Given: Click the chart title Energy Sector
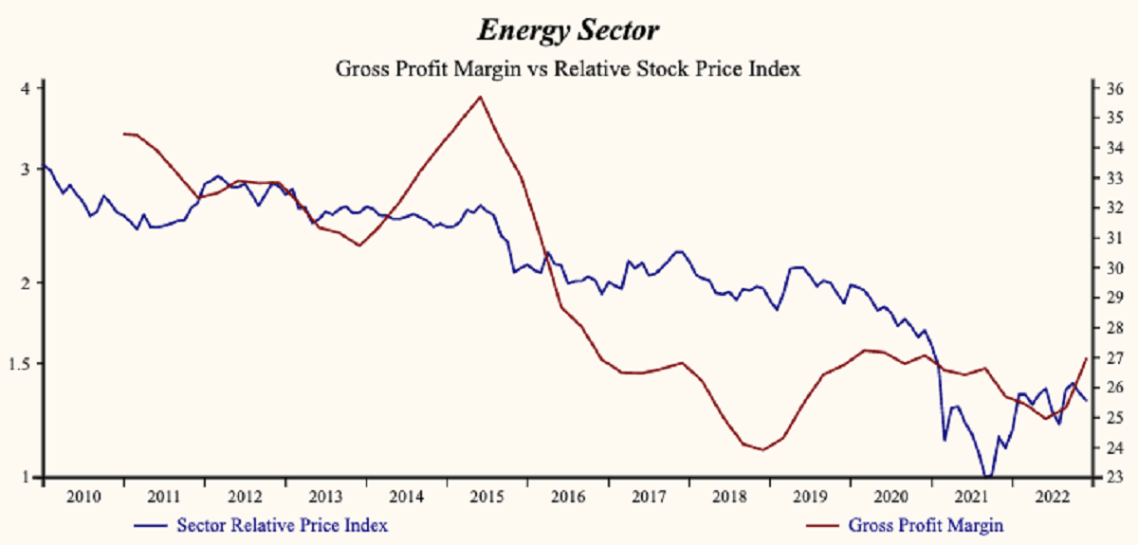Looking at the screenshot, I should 568,30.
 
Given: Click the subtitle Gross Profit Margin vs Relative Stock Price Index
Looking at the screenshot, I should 568,68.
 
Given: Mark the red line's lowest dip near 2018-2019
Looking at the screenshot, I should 762,449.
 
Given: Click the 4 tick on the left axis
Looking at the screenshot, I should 28,88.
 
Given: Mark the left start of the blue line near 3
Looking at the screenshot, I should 45,166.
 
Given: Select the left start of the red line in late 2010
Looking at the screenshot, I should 124,134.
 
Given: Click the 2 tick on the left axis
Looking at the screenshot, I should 28,282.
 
